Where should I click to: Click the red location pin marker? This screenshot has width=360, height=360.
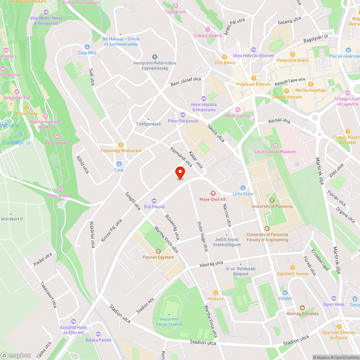[x=180, y=173]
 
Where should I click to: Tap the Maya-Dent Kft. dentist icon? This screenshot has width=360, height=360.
[x=213, y=193]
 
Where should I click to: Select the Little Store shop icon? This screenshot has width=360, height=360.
[x=243, y=188]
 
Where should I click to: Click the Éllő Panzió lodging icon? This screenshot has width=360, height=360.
[x=154, y=201]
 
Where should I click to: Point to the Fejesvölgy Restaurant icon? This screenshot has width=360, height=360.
[x=121, y=145]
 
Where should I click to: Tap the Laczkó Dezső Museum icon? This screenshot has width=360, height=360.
[x=275, y=145]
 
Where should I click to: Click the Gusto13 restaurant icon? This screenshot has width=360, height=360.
[x=216, y=293]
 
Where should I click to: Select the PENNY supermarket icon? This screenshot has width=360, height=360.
[x=285, y=293]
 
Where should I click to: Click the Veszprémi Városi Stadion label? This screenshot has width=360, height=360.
[x=171, y=322]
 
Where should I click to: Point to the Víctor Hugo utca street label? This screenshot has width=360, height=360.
[x=203, y=236]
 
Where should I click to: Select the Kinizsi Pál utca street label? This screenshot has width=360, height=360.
[x=111, y=230]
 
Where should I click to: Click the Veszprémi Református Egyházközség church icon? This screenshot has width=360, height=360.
[x=155, y=57]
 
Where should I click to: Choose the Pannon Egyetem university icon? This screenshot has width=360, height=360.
[x=158, y=251]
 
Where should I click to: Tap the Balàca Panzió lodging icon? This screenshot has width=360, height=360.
[x=98, y=334]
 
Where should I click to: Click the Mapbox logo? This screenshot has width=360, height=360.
[x=16, y=355]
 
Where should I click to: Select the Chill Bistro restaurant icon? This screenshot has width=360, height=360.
[x=225, y=57]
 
